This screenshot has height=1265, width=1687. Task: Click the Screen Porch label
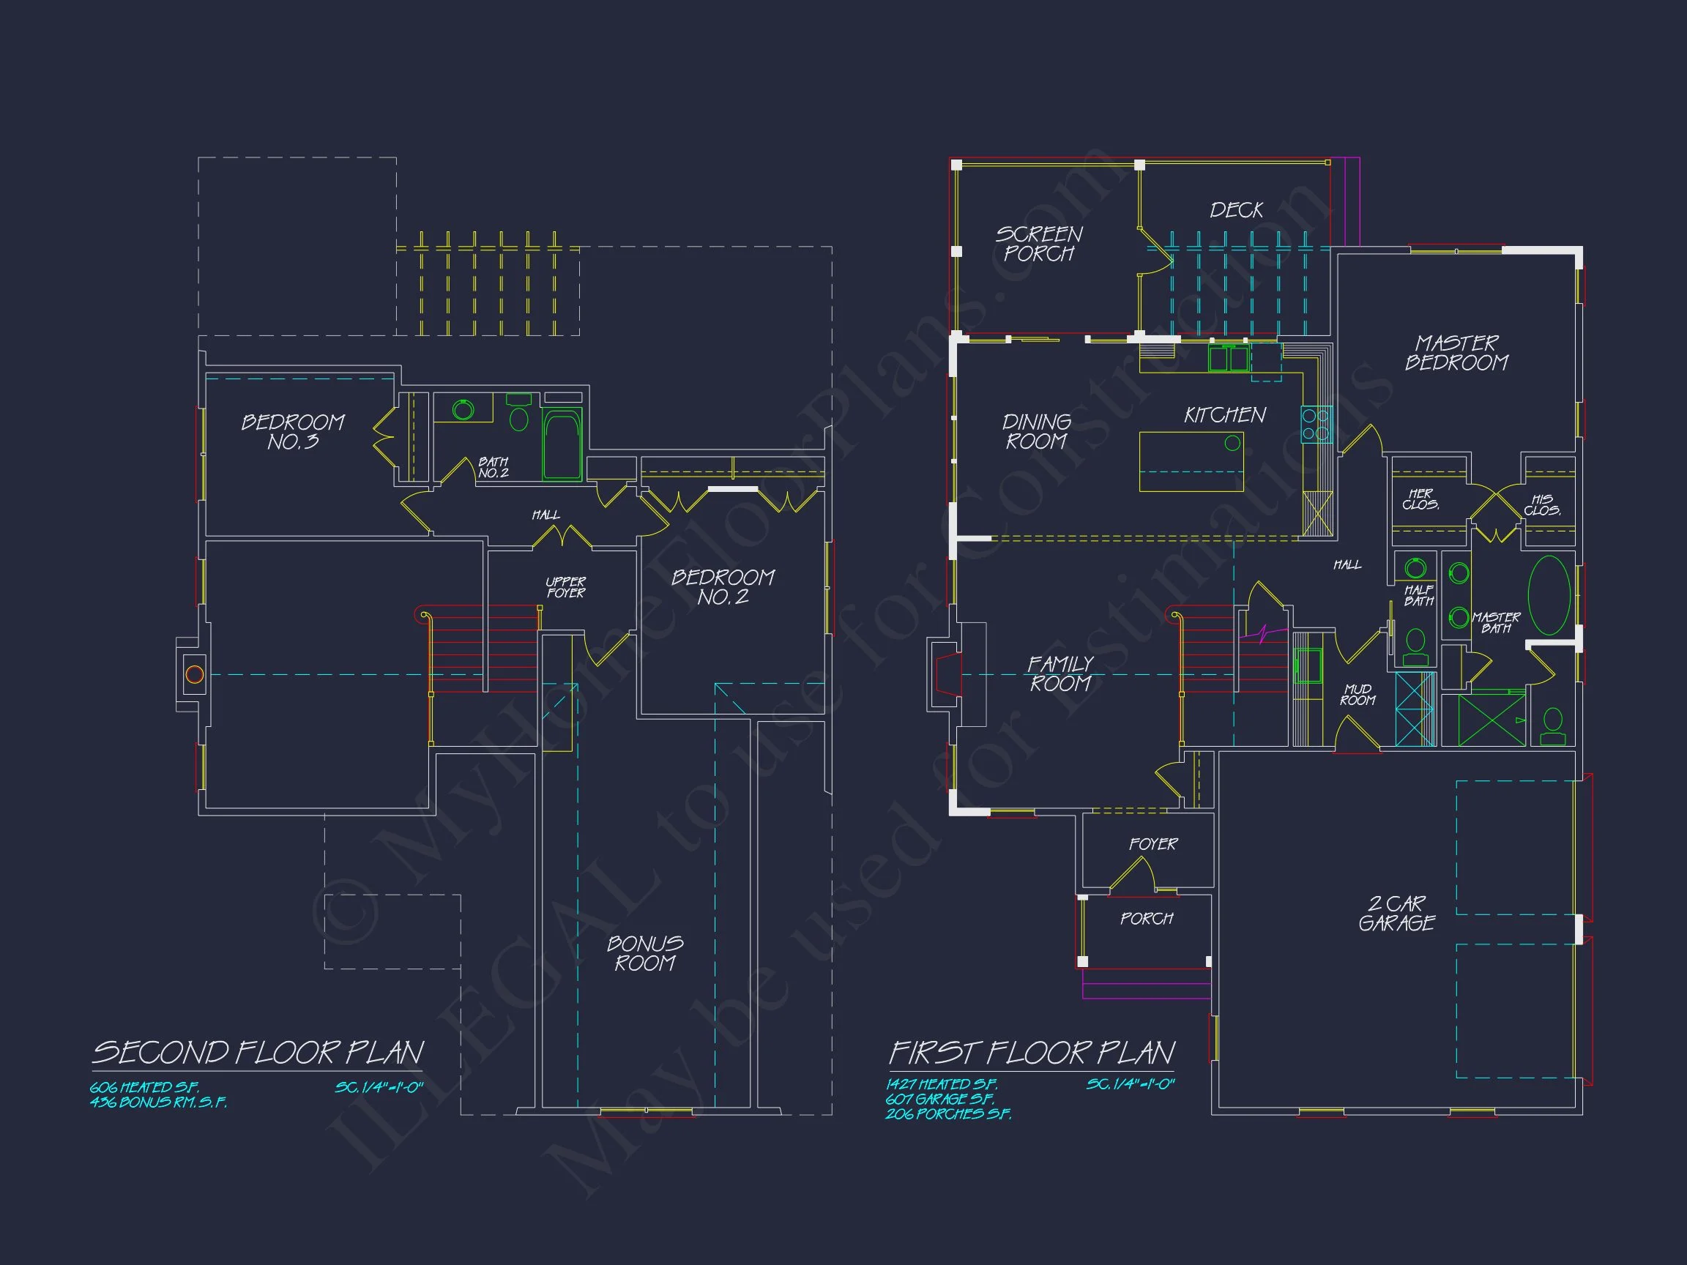click(x=1039, y=244)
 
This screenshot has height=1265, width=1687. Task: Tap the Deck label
click(x=1236, y=210)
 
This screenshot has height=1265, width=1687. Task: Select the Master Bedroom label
click(x=1456, y=353)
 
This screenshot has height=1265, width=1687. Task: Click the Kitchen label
click(x=1225, y=416)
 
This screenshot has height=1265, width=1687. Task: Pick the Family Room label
click(x=1060, y=674)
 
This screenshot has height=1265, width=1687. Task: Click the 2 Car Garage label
click(x=1396, y=914)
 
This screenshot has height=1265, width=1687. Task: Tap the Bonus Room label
click(x=645, y=954)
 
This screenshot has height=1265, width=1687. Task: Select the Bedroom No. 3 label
click(x=293, y=433)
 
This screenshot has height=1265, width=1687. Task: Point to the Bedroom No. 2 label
click(x=723, y=587)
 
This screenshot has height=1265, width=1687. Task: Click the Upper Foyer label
click(x=566, y=587)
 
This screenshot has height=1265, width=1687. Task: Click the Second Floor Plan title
click(x=258, y=1053)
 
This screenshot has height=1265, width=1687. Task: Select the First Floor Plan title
click(x=1032, y=1053)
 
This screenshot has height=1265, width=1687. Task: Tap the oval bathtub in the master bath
click(x=1549, y=595)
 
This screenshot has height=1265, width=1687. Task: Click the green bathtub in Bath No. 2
click(x=562, y=445)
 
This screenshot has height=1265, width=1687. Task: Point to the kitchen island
click(x=1191, y=462)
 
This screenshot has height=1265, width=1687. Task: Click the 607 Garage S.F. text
click(x=939, y=1099)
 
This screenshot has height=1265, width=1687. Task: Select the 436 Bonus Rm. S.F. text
click(x=158, y=1102)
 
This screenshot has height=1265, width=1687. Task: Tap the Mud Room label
click(x=1358, y=695)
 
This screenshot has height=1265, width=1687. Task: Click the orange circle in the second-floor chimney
click(x=195, y=675)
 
